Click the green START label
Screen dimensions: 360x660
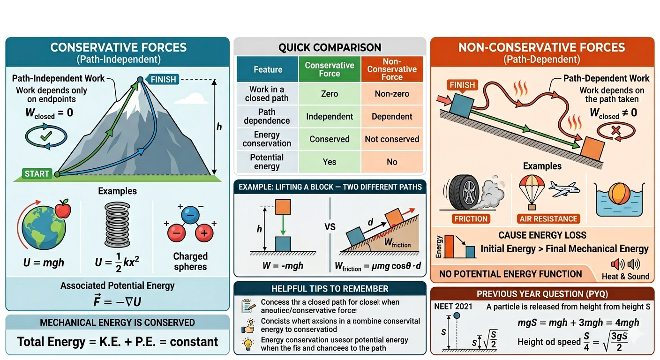point(37,174)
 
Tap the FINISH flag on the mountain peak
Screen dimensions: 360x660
point(163,79)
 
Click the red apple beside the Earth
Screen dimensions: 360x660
point(63,210)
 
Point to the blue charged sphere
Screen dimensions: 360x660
point(191,217)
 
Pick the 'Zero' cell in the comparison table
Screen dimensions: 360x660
point(329,94)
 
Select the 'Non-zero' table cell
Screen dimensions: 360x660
point(392,94)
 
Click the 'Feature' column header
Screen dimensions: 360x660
point(268,69)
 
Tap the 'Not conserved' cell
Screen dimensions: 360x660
point(392,139)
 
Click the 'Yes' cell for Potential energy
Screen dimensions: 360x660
point(329,162)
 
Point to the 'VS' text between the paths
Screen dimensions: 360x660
point(330,226)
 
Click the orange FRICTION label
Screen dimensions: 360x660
point(471,218)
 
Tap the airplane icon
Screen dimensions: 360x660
point(564,189)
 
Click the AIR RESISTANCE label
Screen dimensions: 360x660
point(548,218)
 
